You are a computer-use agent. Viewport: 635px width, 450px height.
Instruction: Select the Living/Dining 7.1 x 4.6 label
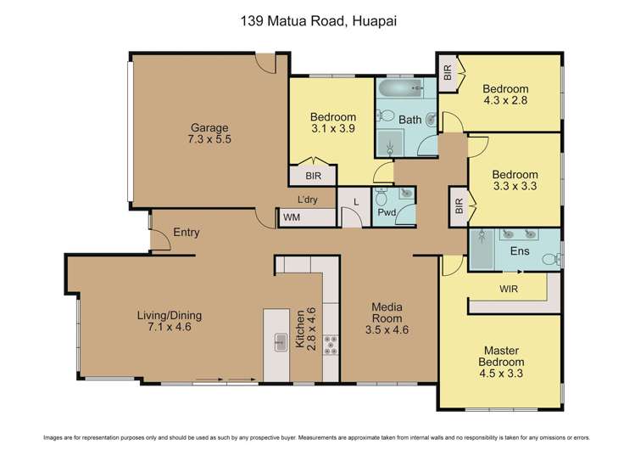tap(170, 321)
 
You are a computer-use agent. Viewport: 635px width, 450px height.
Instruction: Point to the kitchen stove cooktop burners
tap(330, 343)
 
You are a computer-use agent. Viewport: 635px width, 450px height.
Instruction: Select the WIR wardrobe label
tap(510, 289)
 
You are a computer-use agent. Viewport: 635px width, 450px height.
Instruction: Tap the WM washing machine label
tap(292, 218)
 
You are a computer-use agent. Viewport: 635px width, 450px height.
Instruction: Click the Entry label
tap(186, 232)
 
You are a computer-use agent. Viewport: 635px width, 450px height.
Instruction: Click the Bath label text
tap(410, 120)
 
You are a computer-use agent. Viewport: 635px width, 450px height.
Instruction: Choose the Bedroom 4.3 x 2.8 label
tap(505, 94)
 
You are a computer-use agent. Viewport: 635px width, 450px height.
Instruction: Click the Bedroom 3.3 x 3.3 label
tap(515, 180)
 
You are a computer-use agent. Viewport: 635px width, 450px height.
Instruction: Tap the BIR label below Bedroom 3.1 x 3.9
tap(312, 176)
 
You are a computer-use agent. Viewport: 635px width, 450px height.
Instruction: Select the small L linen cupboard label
tap(354, 201)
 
